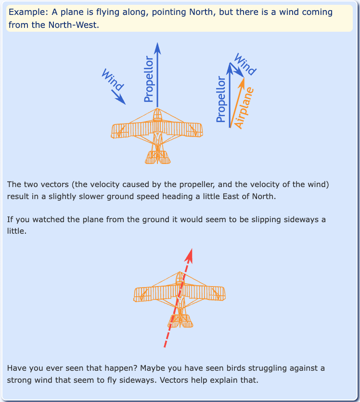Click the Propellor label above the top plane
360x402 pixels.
pos(149,79)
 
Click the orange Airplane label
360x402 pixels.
pos(245,108)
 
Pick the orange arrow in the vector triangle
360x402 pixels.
pos(238,101)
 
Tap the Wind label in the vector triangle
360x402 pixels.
pos(244,64)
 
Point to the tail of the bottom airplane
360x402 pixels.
pos(180,321)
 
